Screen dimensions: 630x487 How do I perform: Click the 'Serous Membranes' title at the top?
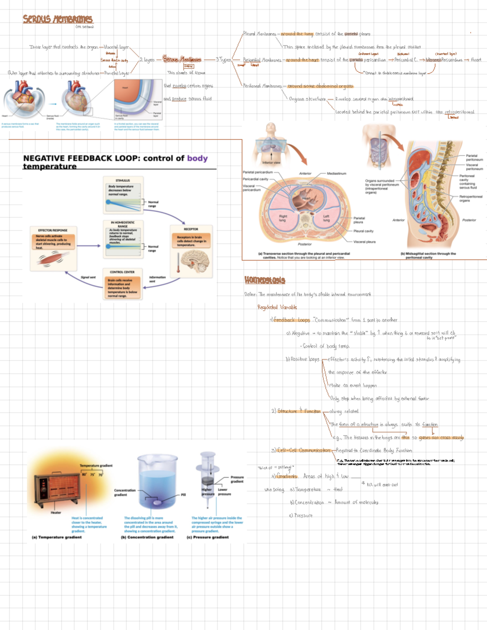coord(57,19)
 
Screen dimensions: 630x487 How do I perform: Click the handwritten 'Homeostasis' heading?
coord(265,280)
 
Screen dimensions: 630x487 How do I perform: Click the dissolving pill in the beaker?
coord(157,503)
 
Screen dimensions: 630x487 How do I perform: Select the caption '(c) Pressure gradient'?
coord(207,537)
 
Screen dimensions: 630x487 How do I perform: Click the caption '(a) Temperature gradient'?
coord(57,537)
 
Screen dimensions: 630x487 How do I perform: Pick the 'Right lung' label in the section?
coord(282,218)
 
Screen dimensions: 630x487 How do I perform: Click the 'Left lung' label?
coord(326,218)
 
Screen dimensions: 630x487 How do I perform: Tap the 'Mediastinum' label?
coord(336,174)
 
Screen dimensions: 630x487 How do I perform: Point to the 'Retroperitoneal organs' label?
coord(470,198)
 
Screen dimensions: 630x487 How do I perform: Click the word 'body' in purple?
coord(197,158)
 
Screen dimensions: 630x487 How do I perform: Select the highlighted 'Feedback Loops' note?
coord(292,320)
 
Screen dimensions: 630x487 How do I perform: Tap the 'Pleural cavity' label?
coord(363,231)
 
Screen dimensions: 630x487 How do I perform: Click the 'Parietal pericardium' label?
coord(258,172)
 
